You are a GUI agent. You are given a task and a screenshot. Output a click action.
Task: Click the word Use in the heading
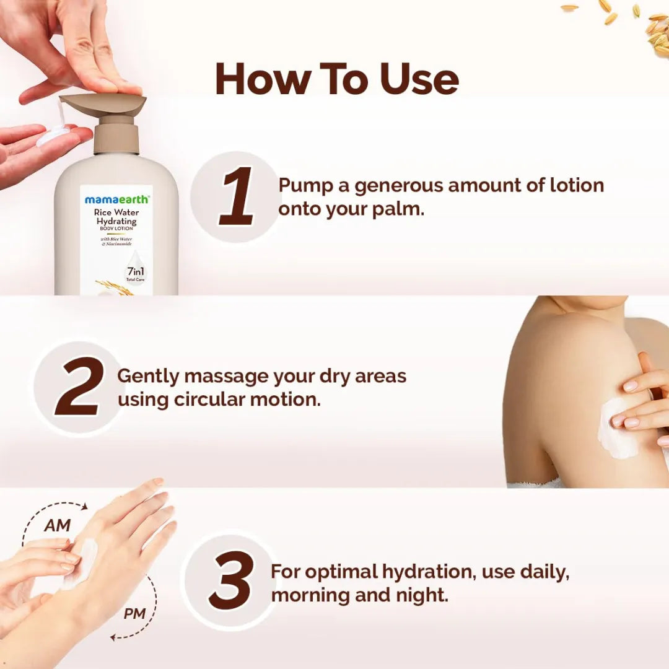[419, 79]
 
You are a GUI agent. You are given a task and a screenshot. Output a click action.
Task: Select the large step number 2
[79, 386]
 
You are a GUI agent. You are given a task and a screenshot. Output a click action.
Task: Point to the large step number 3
[230, 580]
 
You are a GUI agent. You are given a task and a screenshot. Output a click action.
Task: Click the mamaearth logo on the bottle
[116, 200]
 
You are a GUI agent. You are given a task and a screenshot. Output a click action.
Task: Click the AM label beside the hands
[57, 526]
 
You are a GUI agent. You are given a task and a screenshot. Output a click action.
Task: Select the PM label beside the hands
[134, 614]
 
